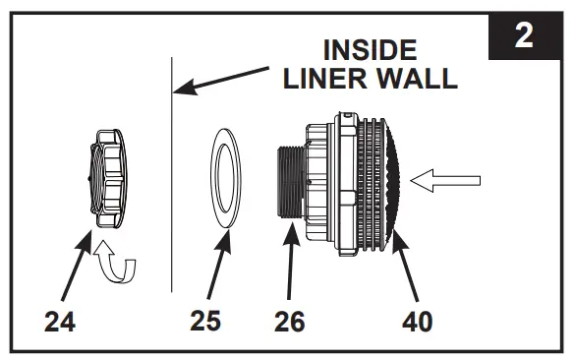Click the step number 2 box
point(524,36)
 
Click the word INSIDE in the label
point(369,51)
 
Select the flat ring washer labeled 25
point(228,181)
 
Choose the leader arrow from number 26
point(290,266)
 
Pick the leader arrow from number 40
point(411,266)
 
